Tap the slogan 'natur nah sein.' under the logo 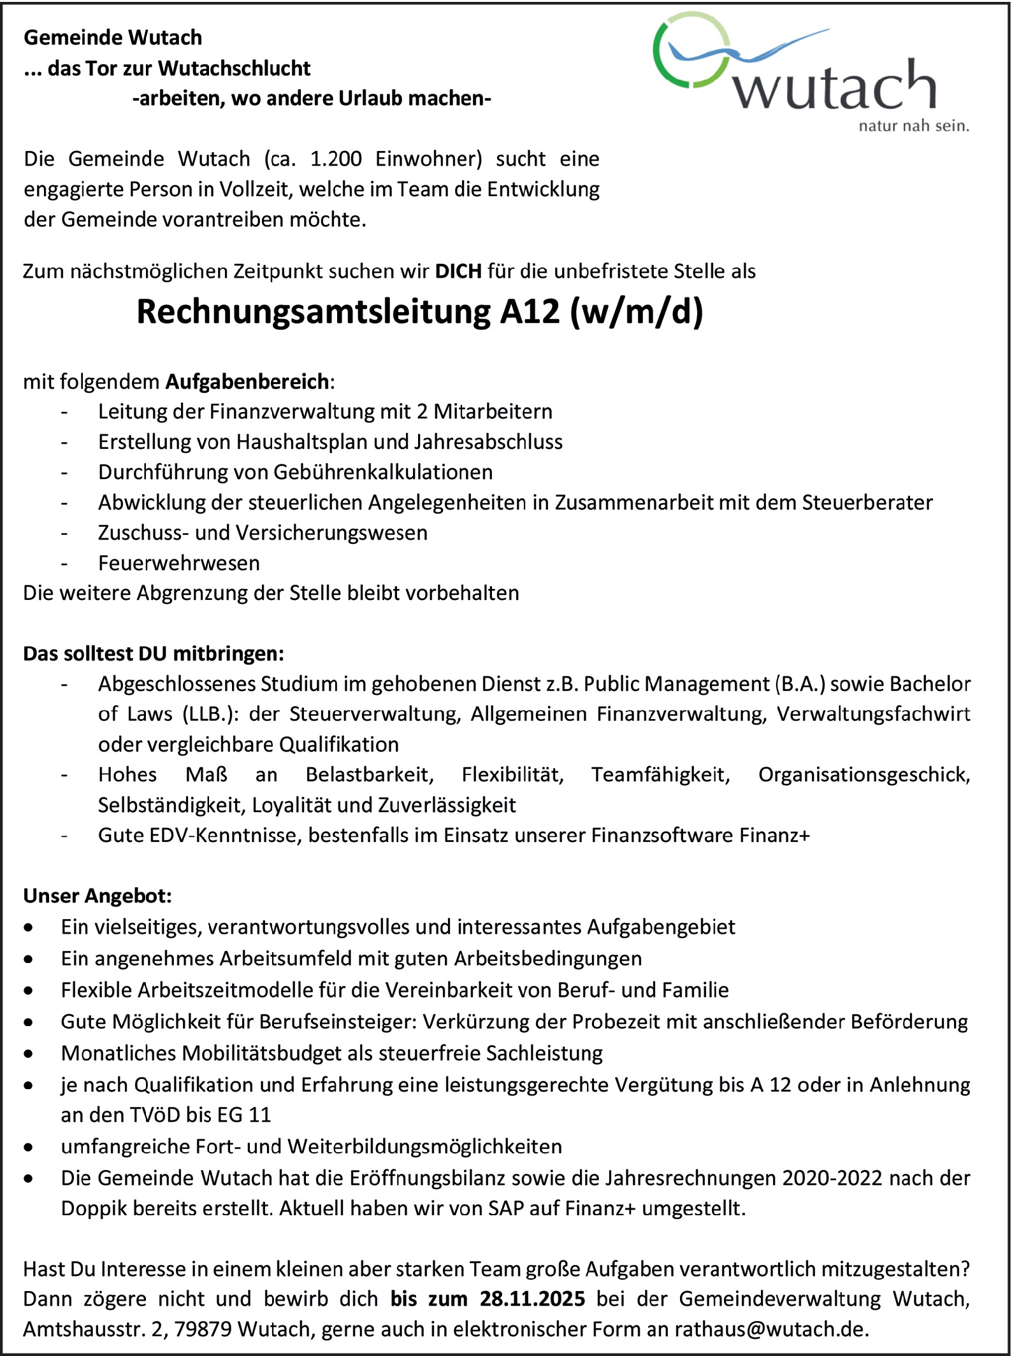[913, 125]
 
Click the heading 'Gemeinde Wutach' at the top [113, 38]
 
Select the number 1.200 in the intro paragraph [335, 159]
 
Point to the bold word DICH [458, 271]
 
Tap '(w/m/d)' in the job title [637, 312]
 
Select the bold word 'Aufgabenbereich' [247, 382]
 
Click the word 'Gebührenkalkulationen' [384, 472]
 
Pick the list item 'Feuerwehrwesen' [179, 563]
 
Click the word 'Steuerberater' [867, 503]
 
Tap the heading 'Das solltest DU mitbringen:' [154, 653]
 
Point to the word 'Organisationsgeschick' [863, 774]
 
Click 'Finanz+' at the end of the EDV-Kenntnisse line [774, 835]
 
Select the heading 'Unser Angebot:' [98, 896]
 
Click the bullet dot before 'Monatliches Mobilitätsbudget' [29, 1054]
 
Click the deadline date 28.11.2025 [533, 1299]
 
